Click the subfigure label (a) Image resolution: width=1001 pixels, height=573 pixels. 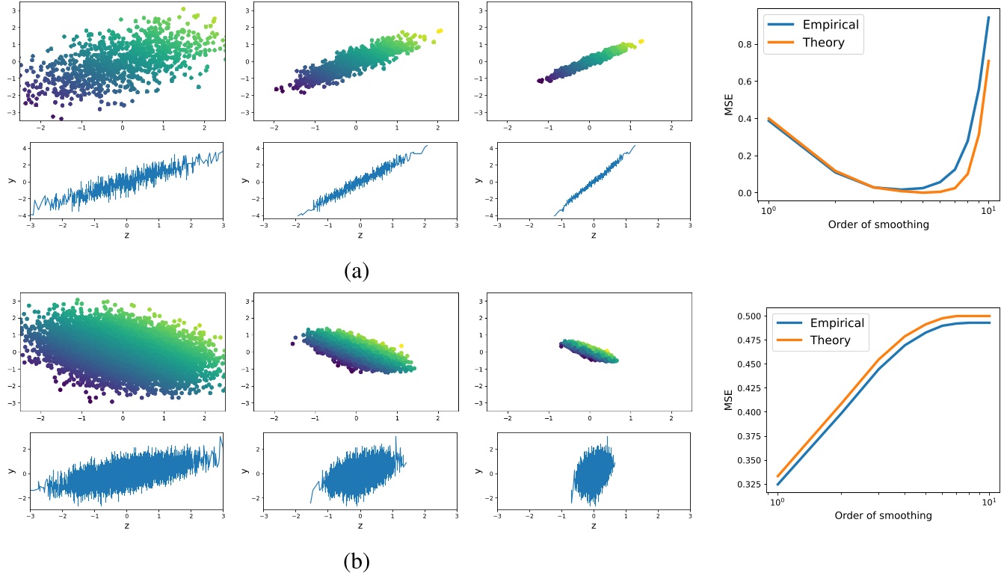[356, 270]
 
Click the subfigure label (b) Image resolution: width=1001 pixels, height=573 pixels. [356, 560]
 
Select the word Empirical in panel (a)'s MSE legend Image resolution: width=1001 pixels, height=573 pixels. [831, 24]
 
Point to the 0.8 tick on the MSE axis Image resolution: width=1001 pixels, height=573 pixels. [745, 44]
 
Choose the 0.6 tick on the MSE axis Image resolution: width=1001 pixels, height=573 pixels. [745, 82]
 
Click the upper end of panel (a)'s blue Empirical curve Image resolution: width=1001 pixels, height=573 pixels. [988, 17]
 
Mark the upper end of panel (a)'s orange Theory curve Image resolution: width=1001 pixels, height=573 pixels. [988, 61]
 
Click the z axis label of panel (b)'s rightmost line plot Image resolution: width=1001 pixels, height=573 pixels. [594, 525]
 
